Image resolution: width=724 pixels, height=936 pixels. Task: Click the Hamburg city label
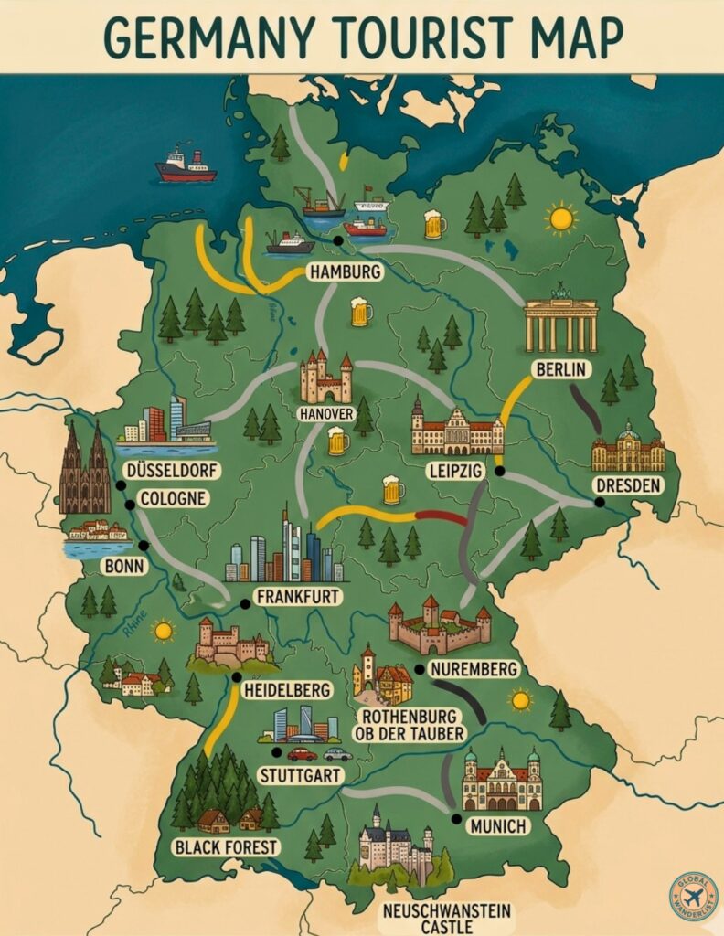[345, 271]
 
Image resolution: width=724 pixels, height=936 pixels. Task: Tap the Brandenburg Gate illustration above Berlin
[560, 324]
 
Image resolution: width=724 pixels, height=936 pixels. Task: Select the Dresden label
[626, 485]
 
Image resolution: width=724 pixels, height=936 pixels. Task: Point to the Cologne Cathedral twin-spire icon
[84, 471]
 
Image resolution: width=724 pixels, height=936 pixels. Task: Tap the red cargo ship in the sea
[185, 166]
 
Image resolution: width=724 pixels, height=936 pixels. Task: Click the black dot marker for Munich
[456, 818]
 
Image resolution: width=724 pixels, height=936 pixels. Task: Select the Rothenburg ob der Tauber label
[412, 724]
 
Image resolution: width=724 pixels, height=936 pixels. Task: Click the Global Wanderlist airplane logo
[694, 896]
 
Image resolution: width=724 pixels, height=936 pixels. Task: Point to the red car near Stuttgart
[302, 754]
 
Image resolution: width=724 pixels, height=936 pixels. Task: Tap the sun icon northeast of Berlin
[560, 218]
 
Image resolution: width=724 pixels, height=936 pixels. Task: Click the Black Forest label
[225, 846]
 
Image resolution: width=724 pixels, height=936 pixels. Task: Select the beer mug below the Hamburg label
[361, 312]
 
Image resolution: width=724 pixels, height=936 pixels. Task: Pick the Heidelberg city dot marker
[237, 677]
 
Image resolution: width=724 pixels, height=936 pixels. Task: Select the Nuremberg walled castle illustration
[439, 626]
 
